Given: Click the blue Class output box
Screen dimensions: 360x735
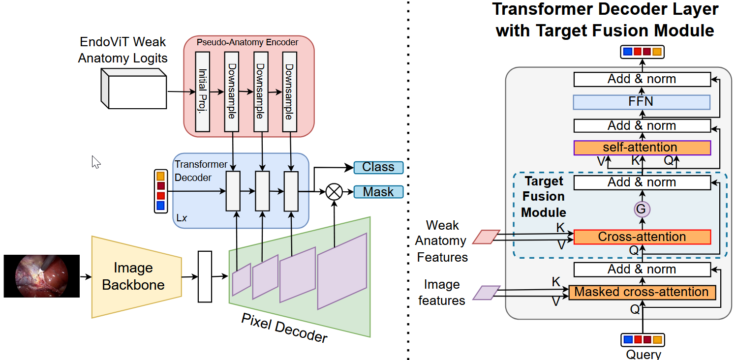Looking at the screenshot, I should coord(378,167).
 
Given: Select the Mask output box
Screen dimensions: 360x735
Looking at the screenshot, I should coord(378,192).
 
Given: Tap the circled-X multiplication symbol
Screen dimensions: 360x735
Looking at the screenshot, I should coord(335,192).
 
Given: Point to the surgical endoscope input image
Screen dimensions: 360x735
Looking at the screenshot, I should coord(41,276).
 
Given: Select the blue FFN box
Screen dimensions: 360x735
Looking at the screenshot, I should coord(642,102).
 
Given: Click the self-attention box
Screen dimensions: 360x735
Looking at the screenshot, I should coord(642,148).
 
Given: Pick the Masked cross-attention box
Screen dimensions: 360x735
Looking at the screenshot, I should coord(642,292).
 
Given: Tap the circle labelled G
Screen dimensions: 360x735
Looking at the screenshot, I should coord(642,210).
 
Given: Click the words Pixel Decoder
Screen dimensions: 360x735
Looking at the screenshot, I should coord(284,328).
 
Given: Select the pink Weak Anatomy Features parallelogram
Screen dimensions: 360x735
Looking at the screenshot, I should coord(486,237).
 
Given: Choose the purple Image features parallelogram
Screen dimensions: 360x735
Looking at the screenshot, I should coord(486,293).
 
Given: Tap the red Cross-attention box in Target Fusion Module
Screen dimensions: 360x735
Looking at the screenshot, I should coord(642,237).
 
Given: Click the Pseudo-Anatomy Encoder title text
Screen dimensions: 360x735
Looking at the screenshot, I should coord(247,42).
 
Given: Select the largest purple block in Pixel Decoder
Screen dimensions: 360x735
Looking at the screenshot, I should coord(342,271).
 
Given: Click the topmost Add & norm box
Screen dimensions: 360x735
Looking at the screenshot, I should coord(642,79).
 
